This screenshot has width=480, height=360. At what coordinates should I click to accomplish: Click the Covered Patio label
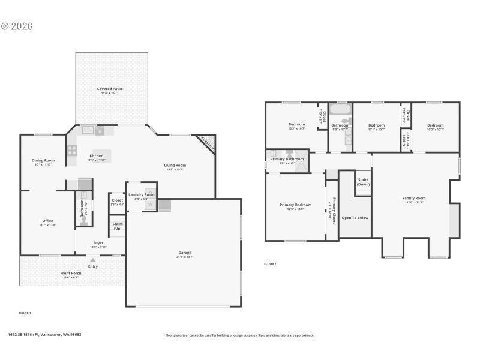pos(110,89)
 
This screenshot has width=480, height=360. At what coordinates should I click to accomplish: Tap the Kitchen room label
pos(97,155)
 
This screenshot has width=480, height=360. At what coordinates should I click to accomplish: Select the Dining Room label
pos(43,160)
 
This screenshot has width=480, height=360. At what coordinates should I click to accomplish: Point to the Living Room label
pos(175,165)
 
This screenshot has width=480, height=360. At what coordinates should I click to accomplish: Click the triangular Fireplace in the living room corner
pos(207,143)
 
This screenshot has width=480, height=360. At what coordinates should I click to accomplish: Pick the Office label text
pos(47,221)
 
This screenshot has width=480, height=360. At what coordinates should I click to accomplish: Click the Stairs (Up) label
pos(118,226)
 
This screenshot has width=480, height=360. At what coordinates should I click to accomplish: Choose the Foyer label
pos(98,243)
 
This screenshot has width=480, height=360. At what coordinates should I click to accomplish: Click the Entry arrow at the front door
pos(92,260)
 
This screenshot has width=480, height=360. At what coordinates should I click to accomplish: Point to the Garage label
pos(185,253)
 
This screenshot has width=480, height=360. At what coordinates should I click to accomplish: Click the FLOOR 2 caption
pos(270,263)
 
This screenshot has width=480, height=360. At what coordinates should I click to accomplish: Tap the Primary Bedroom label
pos(295,205)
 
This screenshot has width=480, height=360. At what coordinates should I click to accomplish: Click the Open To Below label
pos(355,217)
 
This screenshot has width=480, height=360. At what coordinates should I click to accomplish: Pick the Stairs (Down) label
pos(364,182)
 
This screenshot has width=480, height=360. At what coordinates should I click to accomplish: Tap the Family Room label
pos(413,198)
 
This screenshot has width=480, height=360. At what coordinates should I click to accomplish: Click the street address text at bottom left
pos(44,335)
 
